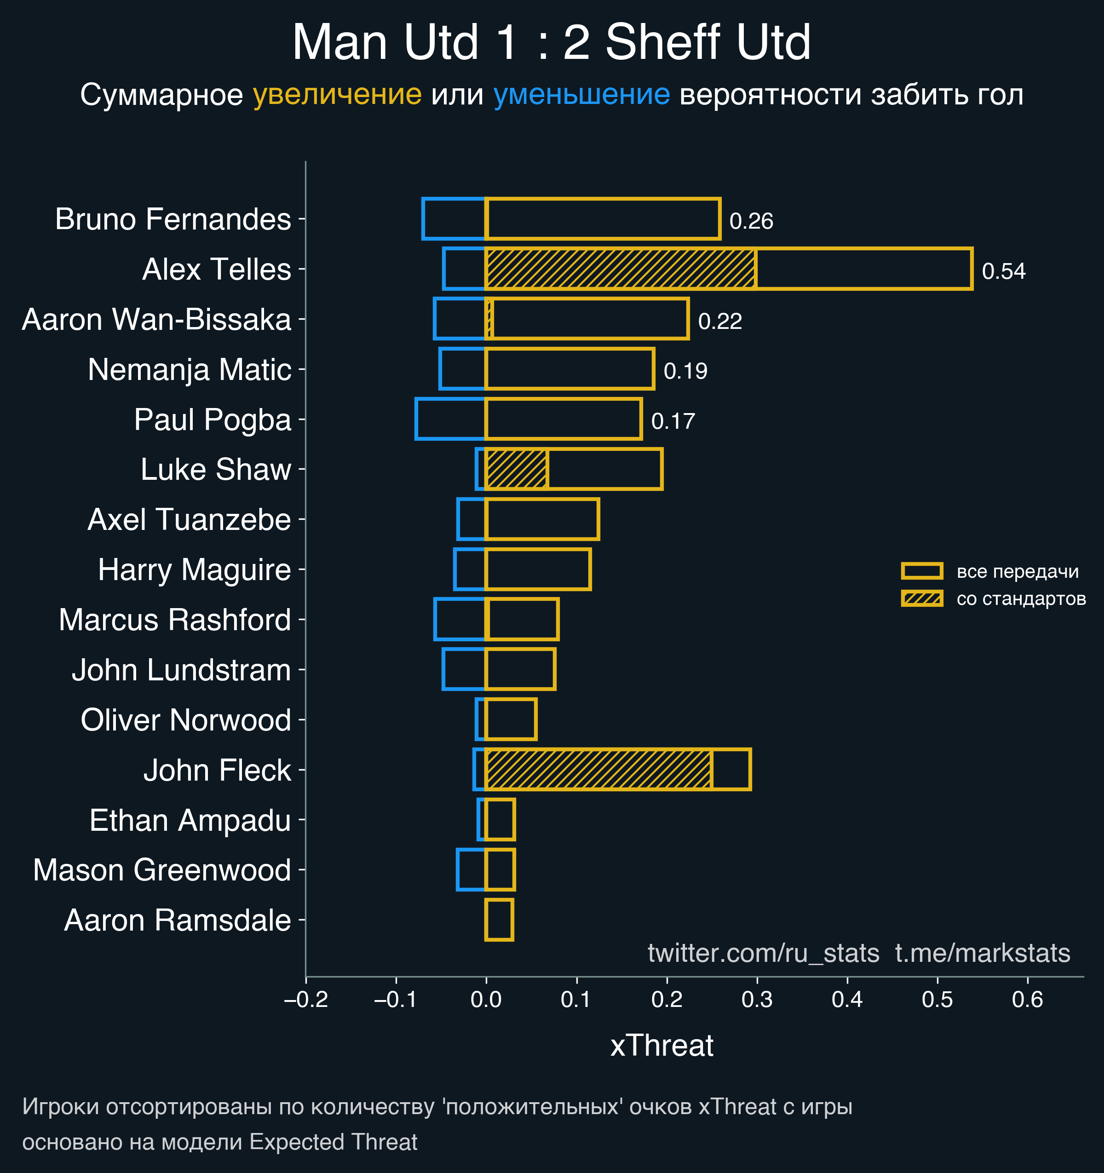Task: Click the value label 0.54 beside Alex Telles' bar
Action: point(1003,271)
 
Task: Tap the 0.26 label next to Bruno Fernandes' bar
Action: point(751,221)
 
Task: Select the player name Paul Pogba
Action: point(213,420)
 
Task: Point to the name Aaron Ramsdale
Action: point(177,920)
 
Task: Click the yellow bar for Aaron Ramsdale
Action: point(499,919)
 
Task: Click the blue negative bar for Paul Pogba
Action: point(450,419)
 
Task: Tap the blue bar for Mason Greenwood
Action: point(471,870)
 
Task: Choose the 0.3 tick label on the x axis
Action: point(757,1000)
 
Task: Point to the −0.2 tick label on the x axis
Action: point(305,1000)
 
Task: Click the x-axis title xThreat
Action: point(661,1046)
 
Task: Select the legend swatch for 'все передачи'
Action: point(922,570)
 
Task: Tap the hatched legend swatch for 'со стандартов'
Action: point(922,598)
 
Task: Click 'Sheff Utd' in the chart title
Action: point(707,42)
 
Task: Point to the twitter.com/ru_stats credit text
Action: point(763,953)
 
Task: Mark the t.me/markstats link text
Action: point(983,953)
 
